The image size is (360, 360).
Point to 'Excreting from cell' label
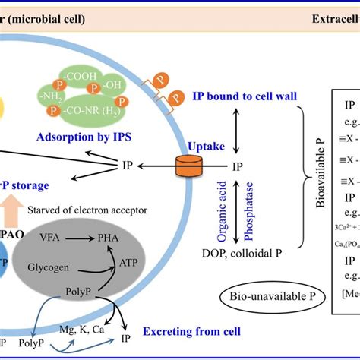[194, 331]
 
